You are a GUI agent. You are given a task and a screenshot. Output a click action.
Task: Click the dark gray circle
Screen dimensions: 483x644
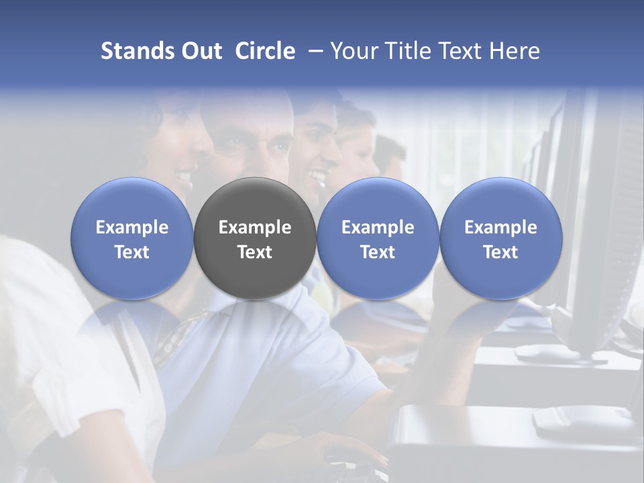point(255,238)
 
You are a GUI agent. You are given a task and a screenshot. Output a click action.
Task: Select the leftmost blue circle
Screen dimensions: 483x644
point(132,238)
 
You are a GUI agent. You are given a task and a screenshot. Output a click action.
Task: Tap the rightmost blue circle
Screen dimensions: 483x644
point(500,238)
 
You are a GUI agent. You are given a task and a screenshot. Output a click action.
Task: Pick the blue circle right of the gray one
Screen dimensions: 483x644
point(378,238)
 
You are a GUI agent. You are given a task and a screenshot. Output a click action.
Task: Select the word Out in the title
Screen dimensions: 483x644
point(199,51)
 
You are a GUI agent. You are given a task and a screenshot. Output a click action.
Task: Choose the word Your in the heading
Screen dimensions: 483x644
point(353,51)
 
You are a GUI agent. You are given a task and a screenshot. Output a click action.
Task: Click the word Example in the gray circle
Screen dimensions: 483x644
point(255,227)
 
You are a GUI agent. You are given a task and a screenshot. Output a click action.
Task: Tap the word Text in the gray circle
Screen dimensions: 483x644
point(255,252)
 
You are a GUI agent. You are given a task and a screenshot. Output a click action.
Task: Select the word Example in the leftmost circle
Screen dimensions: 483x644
point(132,227)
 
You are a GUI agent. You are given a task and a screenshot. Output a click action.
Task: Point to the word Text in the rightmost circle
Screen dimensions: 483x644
point(500,252)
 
